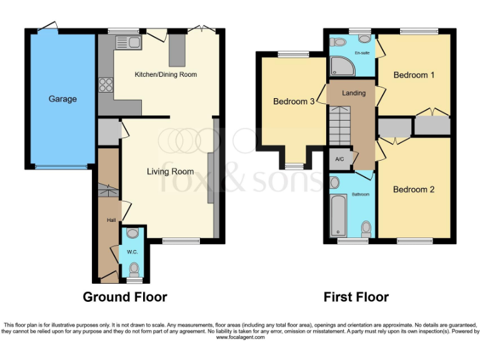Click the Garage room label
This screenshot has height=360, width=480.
pyautogui.click(x=63, y=99)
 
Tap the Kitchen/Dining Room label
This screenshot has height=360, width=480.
pyautogui.click(x=166, y=74)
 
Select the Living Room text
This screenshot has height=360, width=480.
pyautogui.click(x=170, y=171)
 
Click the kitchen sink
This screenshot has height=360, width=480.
pyautogui.click(x=129, y=42)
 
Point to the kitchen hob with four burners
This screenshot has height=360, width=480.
pyautogui.click(x=104, y=84)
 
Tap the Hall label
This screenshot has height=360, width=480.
pyautogui.click(x=111, y=220)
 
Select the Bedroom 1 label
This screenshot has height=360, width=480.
pyautogui.click(x=414, y=75)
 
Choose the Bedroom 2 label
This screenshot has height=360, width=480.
pyautogui.click(x=414, y=189)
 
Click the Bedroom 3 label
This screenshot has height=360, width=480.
pyautogui.click(x=294, y=101)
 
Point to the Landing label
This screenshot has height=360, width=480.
pyautogui.click(x=354, y=93)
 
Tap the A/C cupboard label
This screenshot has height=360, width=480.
pyautogui.click(x=340, y=159)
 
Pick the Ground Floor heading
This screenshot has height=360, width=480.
pyautogui.click(x=125, y=297)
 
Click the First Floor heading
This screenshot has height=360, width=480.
pyautogui.click(x=356, y=297)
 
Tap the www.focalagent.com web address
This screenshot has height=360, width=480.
pyautogui.click(x=240, y=337)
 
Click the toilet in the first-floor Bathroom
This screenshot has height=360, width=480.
pyautogui.click(x=366, y=228)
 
